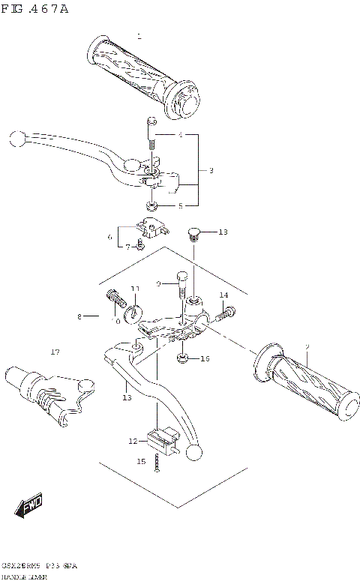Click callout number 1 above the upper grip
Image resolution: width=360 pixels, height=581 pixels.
click(139, 35)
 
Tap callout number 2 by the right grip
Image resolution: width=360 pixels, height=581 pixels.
click(307, 346)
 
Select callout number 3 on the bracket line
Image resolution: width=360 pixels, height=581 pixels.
click(211, 171)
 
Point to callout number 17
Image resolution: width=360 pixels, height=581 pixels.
click(55, 352)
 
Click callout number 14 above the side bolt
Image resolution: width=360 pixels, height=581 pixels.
click(223, 295)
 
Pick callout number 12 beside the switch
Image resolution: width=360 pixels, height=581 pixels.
click(133, 441)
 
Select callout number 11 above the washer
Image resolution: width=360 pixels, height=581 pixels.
click(135, 289)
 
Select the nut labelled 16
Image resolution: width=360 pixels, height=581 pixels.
click(182, 358)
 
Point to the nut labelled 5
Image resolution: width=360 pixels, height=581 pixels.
click(151, 205)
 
